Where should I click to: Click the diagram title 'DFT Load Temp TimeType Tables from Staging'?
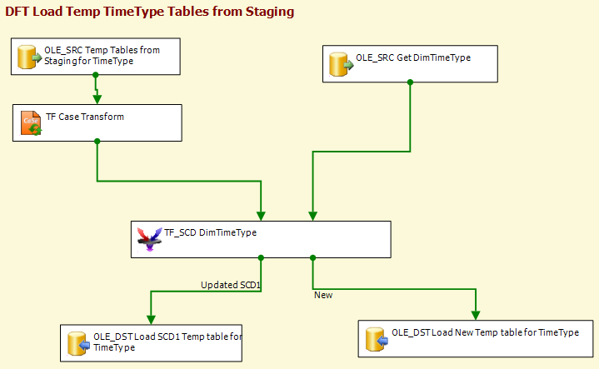click(x=150, y=12)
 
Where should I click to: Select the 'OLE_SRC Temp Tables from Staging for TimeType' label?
click(x=102, y=55)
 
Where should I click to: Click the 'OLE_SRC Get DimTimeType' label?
click(x=413, y=57)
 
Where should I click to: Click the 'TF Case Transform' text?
click(x=85, y=117)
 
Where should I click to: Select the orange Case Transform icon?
click(x=31, y=123)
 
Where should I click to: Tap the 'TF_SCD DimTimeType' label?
click(x=211, y=232)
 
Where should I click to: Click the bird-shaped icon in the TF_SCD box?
click(x=149, y=239)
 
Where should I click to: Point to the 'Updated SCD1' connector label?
click(x=231, y=285)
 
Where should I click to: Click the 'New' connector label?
click(x=323, y=295)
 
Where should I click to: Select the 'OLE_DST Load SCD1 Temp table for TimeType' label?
click(x=167, y=342)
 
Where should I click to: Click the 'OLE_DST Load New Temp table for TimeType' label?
click(x=485, y=332)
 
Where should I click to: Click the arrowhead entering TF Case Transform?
click(x=97, y=99)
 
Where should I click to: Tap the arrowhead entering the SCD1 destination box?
click(x=151, y=320)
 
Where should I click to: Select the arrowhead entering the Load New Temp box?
click(x=476, y=316)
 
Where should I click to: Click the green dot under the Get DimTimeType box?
click(x=410, y=82)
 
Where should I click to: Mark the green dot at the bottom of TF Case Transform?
click(x=97, y=142)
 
